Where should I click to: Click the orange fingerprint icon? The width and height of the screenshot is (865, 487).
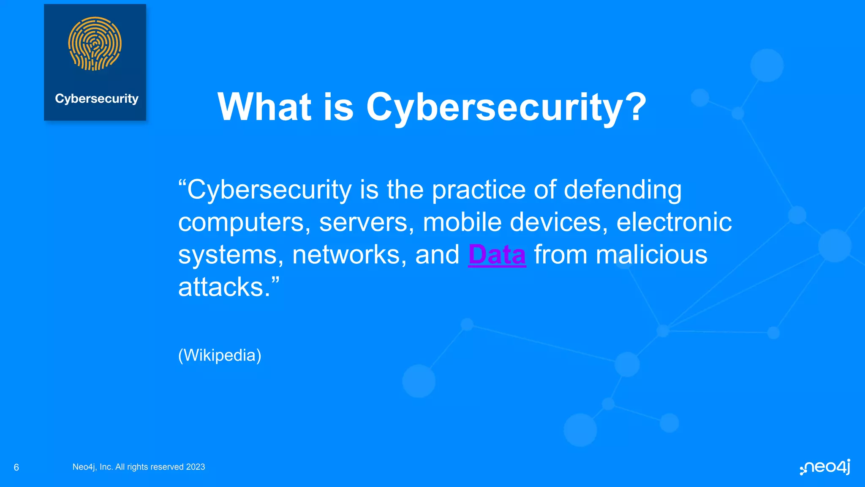coord(95,44)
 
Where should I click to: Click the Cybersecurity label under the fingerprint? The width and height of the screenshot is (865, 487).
coord(97,98)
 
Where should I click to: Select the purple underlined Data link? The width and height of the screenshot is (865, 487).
coord(497,254)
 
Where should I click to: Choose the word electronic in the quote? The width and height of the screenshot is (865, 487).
coord(674,222)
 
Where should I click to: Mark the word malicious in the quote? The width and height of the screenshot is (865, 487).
coord(651,255)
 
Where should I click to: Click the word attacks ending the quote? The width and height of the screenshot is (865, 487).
coord(224,287)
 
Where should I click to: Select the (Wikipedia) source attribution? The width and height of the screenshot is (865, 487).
coord(220,355)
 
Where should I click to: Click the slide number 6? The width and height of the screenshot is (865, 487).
coord(16,467)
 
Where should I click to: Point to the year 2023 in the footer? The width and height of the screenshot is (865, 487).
coord(196,467)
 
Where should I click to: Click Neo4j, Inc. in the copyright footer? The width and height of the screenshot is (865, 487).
coord(92,467)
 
